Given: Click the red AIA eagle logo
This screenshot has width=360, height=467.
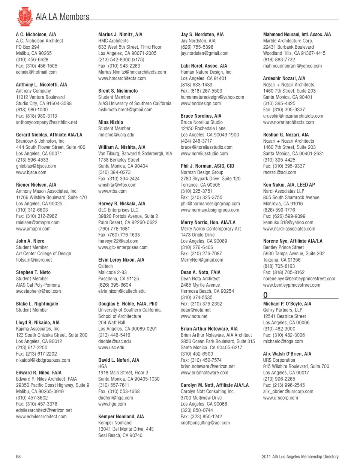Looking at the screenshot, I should click(x=25, y=16).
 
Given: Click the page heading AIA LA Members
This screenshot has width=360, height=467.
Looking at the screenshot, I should click(x=62, y=17).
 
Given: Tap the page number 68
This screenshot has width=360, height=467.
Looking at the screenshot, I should click(x=18, y=457).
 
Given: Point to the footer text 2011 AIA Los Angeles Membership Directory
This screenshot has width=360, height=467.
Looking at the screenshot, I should click(x=300, y=457).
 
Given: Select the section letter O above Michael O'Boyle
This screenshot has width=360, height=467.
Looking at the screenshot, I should click(x=265, y=295).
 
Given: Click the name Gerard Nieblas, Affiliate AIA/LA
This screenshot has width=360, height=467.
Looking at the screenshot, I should click(x=49, y=135).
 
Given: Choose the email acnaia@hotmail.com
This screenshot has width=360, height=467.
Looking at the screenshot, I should click(x=36, y=72).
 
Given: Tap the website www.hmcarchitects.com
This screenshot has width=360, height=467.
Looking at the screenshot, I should click(x=122, y=78).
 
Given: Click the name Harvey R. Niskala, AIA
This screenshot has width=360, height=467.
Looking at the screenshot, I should click(x=121, y=204).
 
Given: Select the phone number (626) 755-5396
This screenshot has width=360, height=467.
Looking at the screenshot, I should click(x=197, y=47).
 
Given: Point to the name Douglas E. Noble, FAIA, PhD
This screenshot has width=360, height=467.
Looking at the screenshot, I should click(x=127, y=304).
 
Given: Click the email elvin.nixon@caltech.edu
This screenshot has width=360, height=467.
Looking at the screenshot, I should click(x=121, y=291).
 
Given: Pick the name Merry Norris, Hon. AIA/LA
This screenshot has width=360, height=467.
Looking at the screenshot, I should click(x=208, y=222).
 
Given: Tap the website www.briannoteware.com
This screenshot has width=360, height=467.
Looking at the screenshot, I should click(x=204, y=373).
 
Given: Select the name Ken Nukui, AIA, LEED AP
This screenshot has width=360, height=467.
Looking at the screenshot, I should click(x=289, y=185).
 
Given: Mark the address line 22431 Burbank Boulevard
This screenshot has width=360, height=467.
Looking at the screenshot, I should click(x=288, y=47).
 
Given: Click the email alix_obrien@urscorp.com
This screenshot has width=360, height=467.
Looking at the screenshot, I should click(x=288, y=391).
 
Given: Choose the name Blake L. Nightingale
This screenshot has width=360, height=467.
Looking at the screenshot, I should click(x=37, y=304).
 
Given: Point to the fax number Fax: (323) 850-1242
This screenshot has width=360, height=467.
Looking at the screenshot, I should click(x=201, y=416).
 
